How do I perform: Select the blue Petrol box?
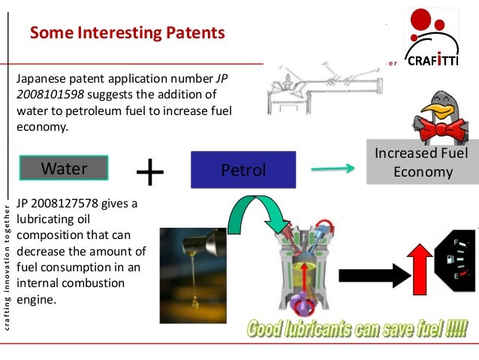tap(244, 169)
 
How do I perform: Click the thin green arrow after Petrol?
tap(333, 169)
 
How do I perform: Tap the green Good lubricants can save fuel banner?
tap(357, 328)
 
